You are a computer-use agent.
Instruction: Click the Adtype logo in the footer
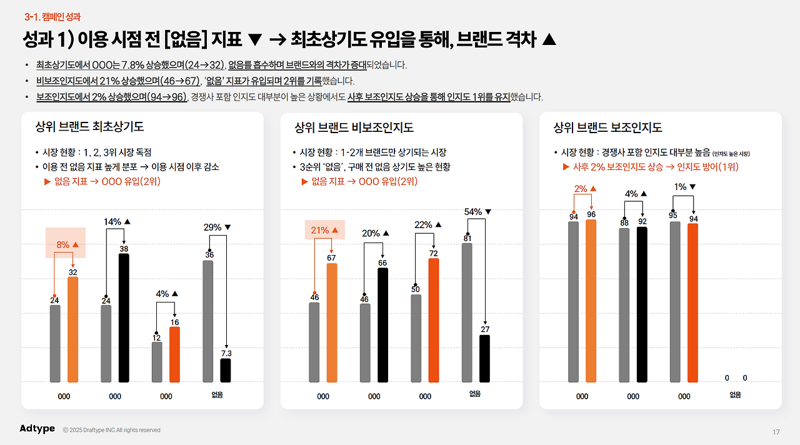point(37,428)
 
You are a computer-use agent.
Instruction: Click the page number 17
point(776,432)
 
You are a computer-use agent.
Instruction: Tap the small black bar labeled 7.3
point(226,370)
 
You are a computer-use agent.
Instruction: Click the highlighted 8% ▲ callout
point(66,244)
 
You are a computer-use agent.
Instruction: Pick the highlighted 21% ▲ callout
point(324,230)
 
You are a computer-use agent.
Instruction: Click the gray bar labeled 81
point(467,312)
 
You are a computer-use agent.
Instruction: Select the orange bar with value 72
point(434,319)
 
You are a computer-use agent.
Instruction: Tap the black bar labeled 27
point(485,358)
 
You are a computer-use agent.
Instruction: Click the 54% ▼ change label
point(478,212)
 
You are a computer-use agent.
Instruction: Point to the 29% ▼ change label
point(217,227)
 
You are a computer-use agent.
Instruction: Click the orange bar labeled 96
point(591,301)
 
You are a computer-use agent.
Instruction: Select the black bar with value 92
point(642,304)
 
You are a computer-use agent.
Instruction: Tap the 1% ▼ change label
point(685,187)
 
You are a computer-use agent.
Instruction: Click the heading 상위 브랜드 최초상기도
point(90,127)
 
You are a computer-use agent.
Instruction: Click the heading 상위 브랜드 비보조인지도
point(354,127)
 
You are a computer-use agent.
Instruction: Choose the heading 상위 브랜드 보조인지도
point(607,127)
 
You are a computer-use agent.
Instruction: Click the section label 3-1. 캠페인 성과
point(52,17)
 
